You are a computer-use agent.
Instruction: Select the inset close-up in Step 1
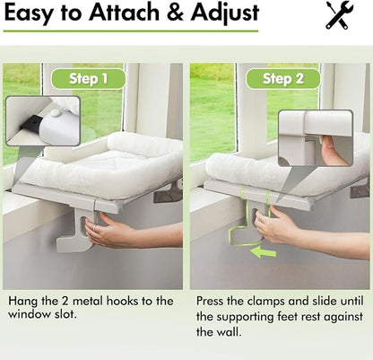point(42,120)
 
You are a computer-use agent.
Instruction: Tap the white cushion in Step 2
point(269,166)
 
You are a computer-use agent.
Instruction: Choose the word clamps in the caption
point(269,301)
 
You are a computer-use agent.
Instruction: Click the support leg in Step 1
point(71,229)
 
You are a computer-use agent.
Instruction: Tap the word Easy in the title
point(32,13)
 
